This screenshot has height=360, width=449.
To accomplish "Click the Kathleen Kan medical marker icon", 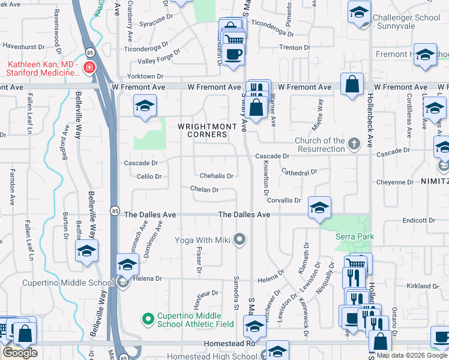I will click(89, 67).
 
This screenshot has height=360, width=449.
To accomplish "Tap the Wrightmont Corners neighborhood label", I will click(203, 130).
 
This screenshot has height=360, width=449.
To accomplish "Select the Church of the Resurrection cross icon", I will click(354, 143).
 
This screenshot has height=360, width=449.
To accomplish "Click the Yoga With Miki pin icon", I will click(240, 240).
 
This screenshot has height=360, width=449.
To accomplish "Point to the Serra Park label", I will click(355, 236).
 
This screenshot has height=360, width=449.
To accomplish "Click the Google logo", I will click(20, 353).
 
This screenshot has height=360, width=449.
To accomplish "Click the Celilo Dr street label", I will click(149, 176).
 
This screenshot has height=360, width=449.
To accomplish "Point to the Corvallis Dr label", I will click(284, 200).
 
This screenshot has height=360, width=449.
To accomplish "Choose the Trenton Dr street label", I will click(294, 47).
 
